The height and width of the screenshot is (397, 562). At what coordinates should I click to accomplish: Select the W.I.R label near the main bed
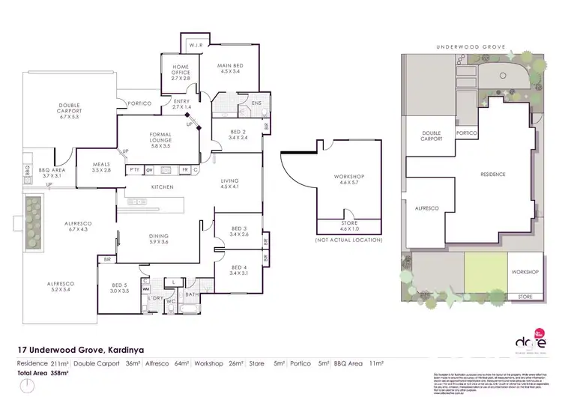196,46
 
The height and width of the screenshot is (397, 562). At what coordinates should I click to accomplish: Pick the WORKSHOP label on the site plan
525,272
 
